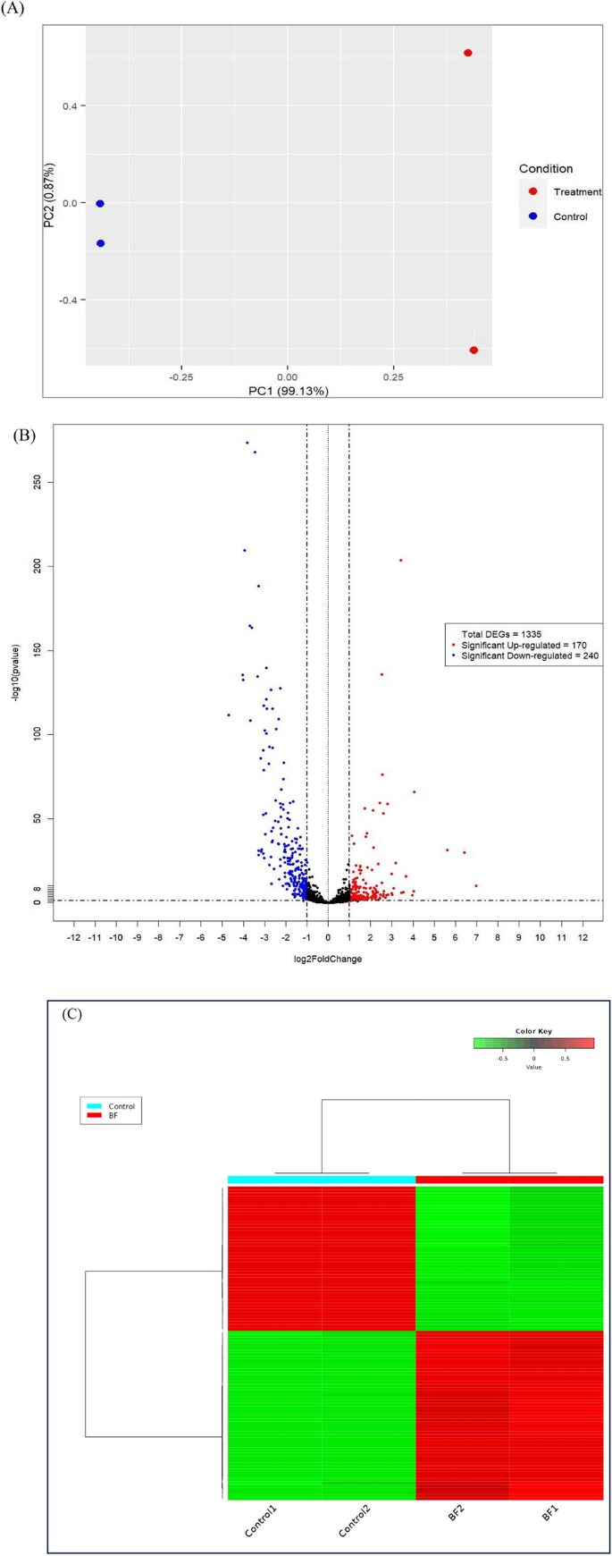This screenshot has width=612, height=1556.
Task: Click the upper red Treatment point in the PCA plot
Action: pos(467,53)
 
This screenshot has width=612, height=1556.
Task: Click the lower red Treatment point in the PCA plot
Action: pos(474,350)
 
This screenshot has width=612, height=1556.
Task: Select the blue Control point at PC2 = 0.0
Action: pos(100,204)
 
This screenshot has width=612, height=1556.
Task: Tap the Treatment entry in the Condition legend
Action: pos(576,191)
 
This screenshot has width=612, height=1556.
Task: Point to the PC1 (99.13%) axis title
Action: pos(288,391)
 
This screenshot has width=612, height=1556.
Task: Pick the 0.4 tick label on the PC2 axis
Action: pos(69,106)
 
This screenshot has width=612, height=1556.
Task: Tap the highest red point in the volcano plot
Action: pos(401,560)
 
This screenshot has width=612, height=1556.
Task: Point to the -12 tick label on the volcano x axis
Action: pos(73,937)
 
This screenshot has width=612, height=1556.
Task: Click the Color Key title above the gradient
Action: pos(533,1031)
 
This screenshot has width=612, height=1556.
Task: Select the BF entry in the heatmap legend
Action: pos(113,1117)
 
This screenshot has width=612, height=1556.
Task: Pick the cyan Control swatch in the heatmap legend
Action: pos(95,1106)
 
